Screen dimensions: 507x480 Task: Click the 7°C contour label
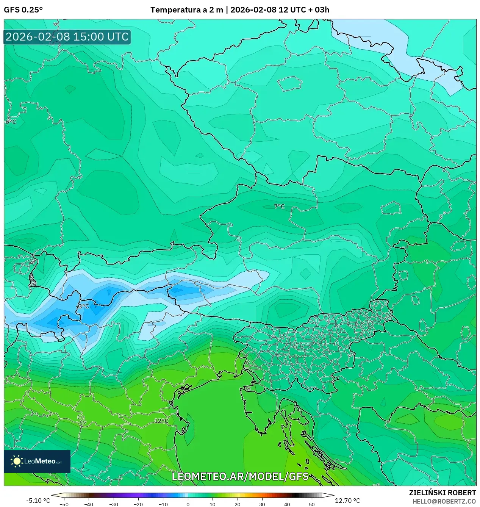(x=279, y=206)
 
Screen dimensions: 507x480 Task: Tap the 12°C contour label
(x=161, y=421)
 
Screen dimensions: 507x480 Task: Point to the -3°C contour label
(x=83, y=306)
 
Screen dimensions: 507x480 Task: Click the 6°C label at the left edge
(x=11, y=122)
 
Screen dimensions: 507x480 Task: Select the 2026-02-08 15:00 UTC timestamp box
(x=67, y=37)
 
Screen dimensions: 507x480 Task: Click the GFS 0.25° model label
(x=23, y=10)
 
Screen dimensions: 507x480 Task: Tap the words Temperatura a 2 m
(x=186, y=10)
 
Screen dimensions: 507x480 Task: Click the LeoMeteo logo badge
(x=37, y=461)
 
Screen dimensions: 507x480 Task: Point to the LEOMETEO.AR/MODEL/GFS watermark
(x=240, y=476)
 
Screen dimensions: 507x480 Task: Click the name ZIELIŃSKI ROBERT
(x=442, y=493)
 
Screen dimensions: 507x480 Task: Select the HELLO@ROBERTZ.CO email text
(x=444, y=501)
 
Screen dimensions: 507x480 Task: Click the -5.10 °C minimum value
(x=38, y=501)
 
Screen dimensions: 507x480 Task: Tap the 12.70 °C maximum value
(x=347, y=501)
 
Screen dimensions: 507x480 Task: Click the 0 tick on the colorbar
(x=188, y=504)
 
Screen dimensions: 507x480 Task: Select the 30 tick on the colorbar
(x=262, y=504)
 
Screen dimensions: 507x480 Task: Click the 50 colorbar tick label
(x=311, y=504)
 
